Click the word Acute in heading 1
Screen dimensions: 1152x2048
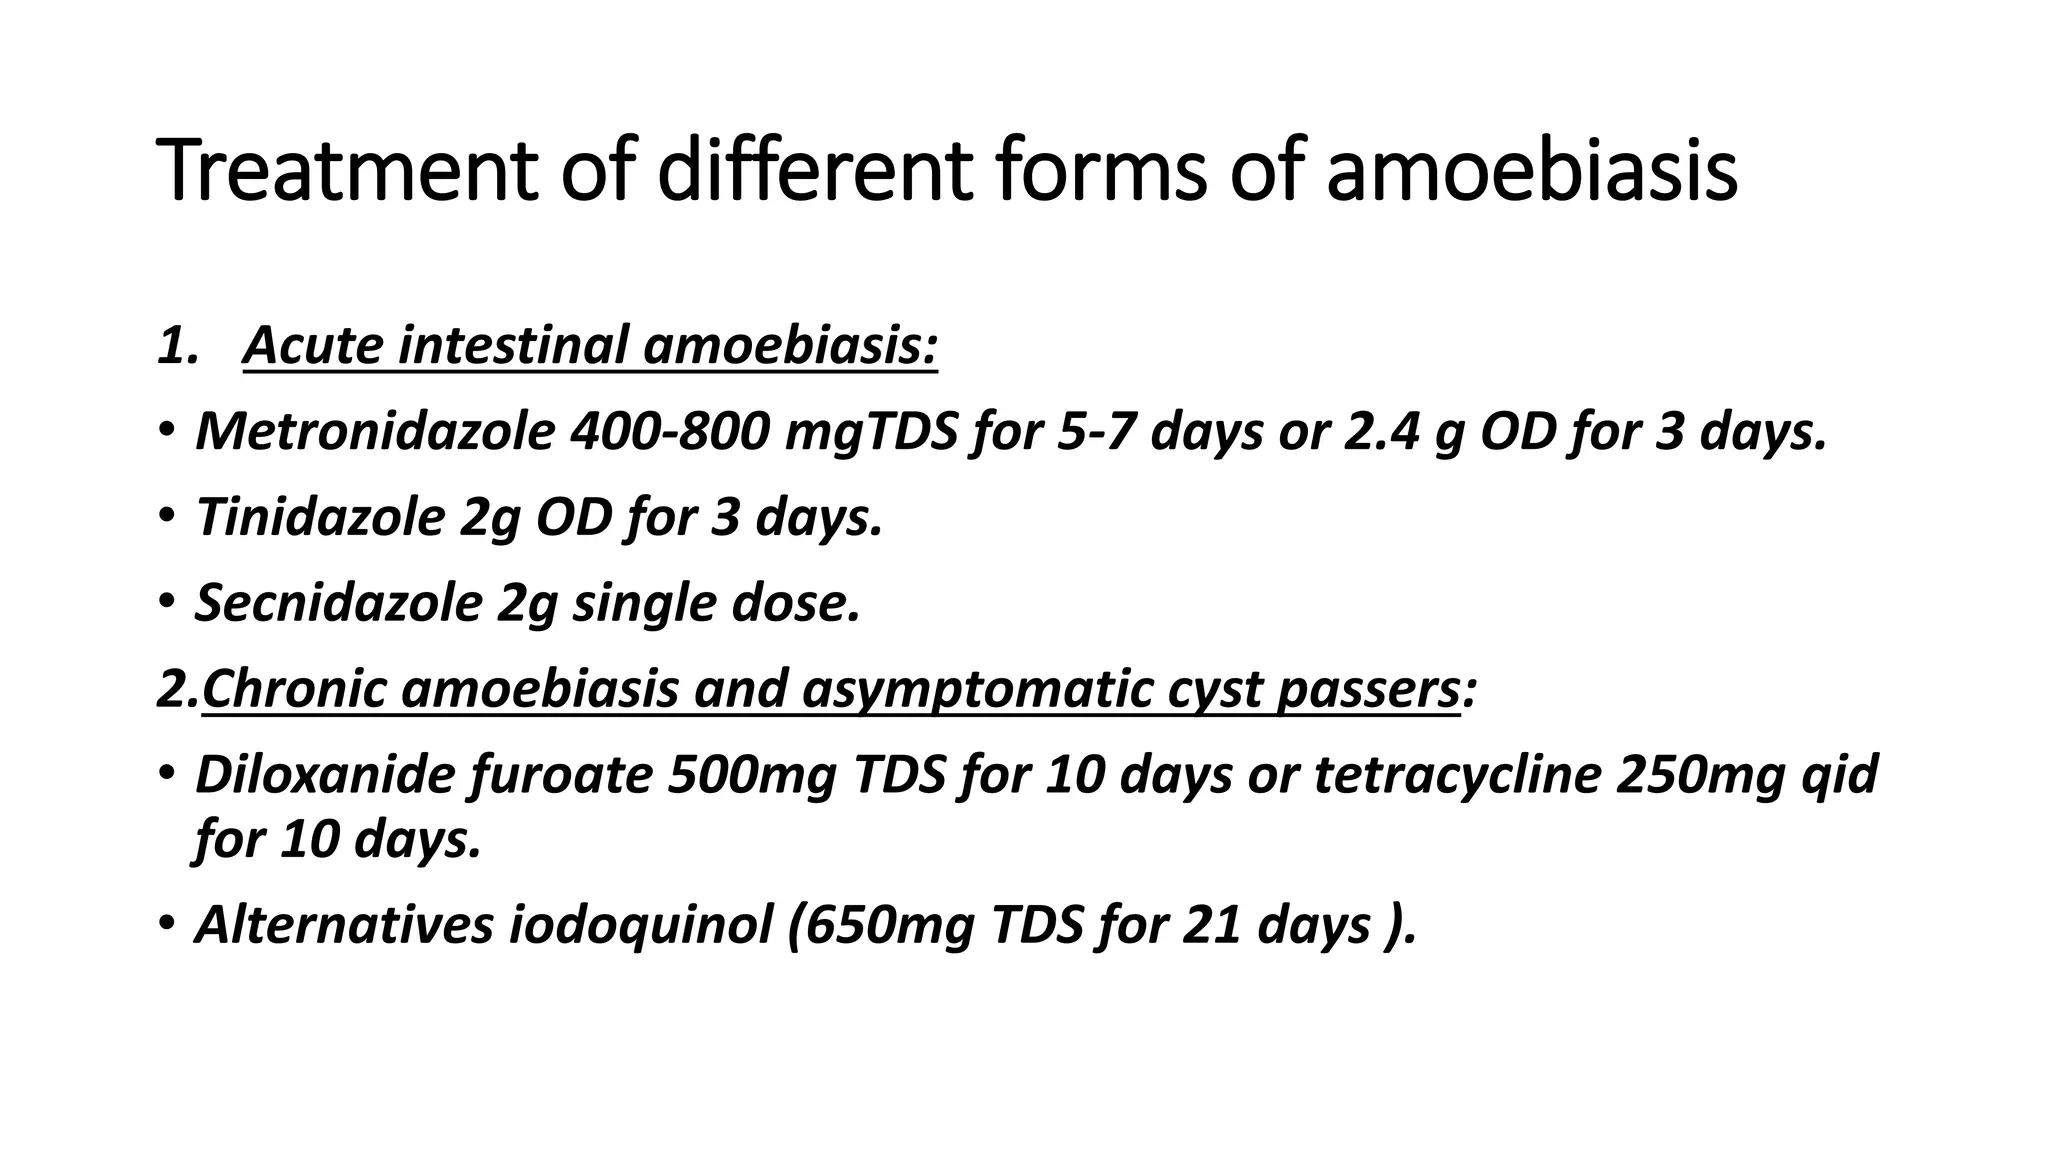coord(313,346)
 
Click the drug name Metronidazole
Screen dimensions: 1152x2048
coord(375,432)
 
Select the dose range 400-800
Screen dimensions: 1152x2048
coord(669,432)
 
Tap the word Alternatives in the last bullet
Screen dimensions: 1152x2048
coord(344,924)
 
